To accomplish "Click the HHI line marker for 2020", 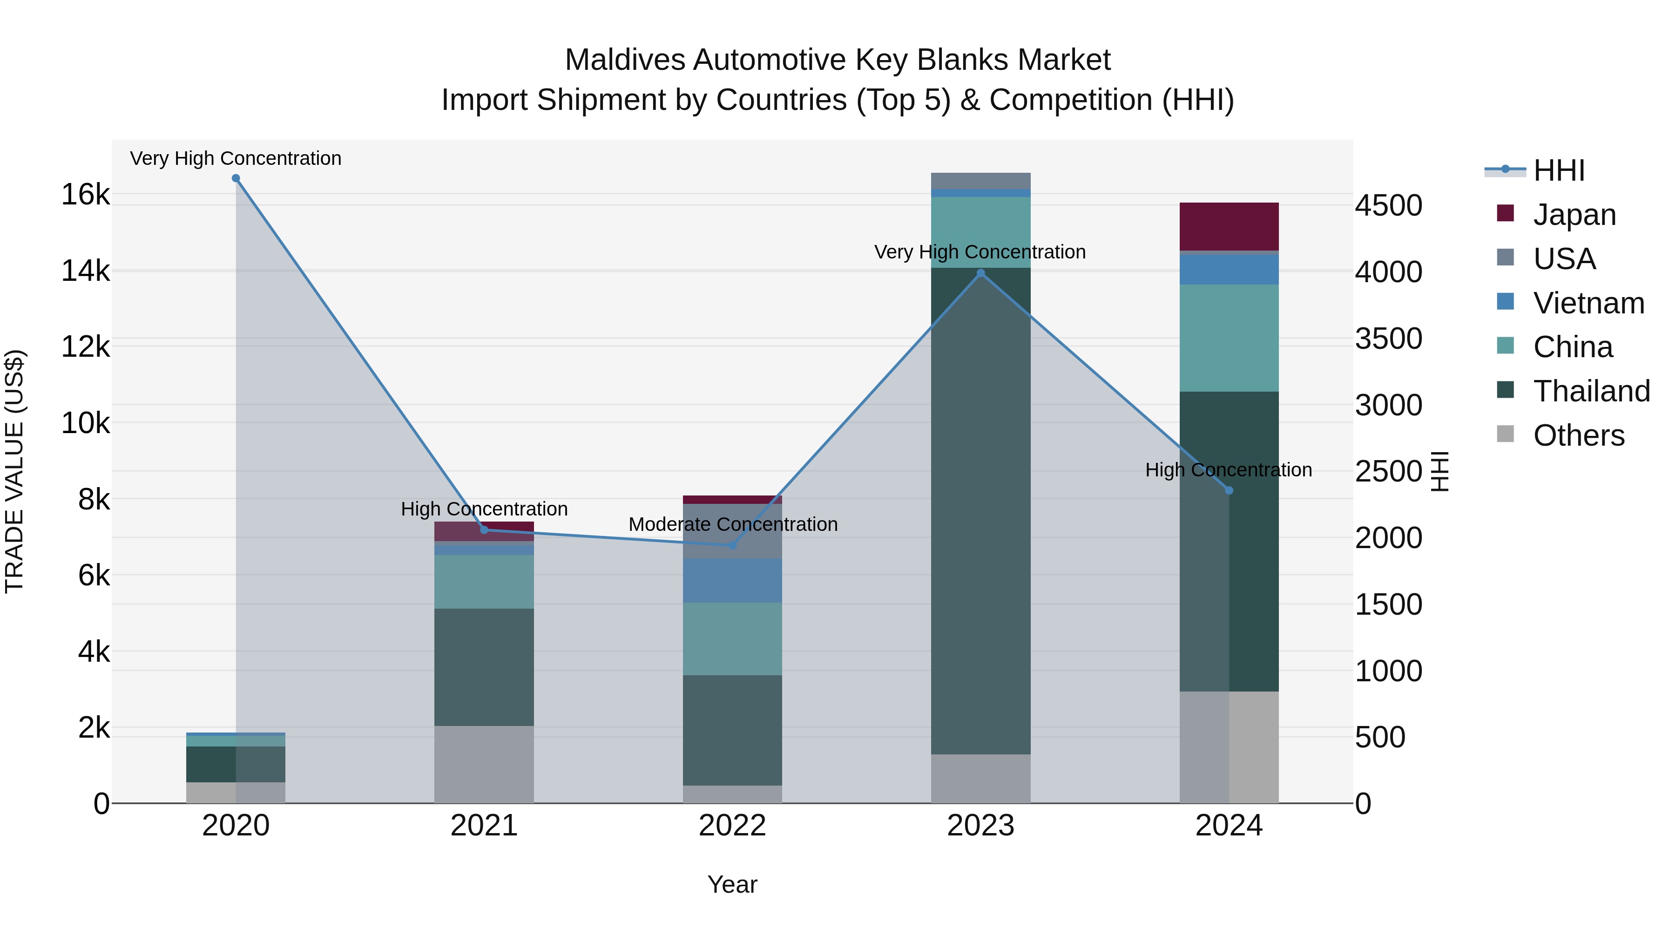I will (236, 178).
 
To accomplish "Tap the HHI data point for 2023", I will (981, 273).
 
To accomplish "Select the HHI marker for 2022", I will (732, 545).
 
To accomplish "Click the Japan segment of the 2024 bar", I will (1229, 226).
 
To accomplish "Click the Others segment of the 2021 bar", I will (484, 764).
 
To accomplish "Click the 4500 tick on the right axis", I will (1388, 206).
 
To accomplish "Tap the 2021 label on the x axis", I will (484, 825).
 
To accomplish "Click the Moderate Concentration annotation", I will (733, 524).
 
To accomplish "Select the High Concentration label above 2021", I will (484, 509).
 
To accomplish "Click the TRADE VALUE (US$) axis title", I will (14, 471).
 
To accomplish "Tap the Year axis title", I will (732, 884).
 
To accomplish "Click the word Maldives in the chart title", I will (625, 60).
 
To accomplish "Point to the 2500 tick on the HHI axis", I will (1388, 472).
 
